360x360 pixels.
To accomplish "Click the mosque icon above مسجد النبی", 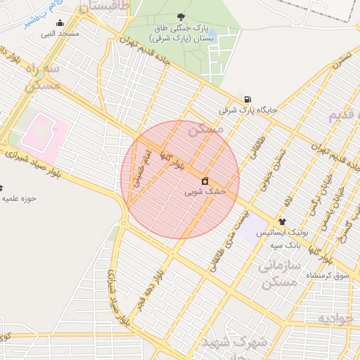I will pyautogui.click(x=59, y=22).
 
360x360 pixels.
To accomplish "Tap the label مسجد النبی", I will pyautogui.click(x=60, y=33).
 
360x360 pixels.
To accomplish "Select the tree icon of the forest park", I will pyautogui.click(x=182, y=16).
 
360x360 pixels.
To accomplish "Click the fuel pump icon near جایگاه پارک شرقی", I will pyautogui.click(x=247, y=99).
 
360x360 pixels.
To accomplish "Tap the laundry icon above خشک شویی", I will pyautogui.click(x=205, y=181).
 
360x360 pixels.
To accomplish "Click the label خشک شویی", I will pyautogui.click(x=205, y=191).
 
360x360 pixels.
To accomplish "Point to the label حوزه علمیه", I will pyautogui.click(x=18, y=198).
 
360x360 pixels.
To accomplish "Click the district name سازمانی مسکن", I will pyautogui.click(x=280, y=274).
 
